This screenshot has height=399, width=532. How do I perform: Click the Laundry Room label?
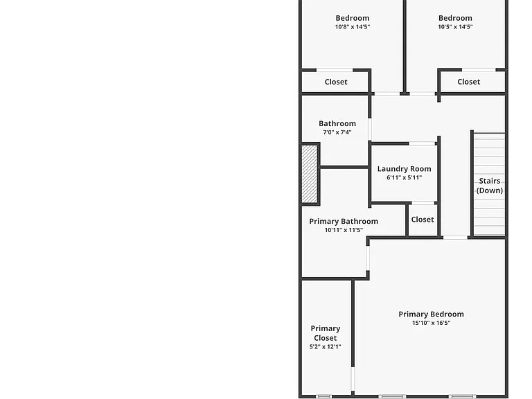click(404, 168)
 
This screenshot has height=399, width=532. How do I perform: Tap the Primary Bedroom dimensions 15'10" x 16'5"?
click(432, 323)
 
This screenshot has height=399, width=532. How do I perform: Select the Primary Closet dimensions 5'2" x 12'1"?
click(325, 347)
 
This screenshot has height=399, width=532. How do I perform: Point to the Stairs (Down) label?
click(490, 186)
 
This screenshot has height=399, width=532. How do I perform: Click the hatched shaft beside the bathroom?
click(310, 174)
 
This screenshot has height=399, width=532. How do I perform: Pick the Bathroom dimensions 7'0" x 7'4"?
click(337, 132)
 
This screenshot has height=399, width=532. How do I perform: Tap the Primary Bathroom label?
click(344, 221)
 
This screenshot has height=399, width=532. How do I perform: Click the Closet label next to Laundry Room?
click(423, 220)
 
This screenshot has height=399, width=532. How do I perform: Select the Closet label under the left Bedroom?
click(336, 82)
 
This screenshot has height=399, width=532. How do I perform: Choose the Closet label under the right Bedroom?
click(468, 82)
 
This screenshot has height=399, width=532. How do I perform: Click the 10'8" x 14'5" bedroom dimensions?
click(353, 27)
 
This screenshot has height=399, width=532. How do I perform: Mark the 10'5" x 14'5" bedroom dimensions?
click(455, 27)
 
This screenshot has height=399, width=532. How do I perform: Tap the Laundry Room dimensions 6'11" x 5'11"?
click(404, 177)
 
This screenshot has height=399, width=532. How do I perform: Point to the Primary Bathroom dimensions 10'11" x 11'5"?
click(344, 230)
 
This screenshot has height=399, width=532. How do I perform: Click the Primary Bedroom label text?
click(432, 314)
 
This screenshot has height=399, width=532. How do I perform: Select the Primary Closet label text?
click(325, 333)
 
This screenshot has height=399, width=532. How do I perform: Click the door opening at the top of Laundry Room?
click(422, 143)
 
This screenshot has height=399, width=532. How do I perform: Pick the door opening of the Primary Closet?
click(353, 380)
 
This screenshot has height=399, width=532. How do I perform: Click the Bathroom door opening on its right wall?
click(370, 130)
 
